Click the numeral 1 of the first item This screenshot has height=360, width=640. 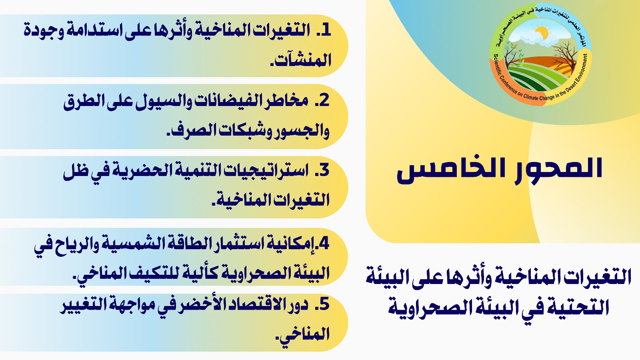tap(326, 30)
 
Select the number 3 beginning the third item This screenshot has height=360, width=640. tap(324, 170)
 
